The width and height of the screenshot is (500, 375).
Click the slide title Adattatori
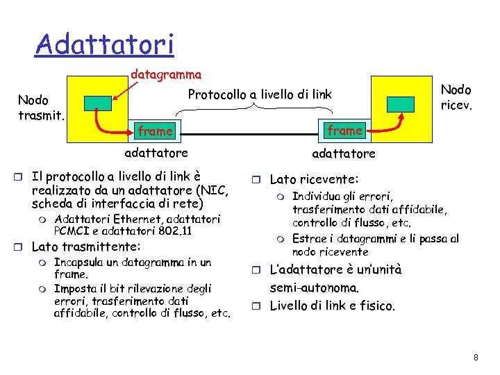click(x=105, y=44)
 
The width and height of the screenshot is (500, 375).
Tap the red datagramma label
click(x=167, y=74)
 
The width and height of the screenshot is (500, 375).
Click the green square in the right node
click(x=401, y=103)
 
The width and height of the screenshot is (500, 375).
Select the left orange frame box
click(x=156, y=131)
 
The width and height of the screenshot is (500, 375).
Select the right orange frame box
click(x=345, y=131)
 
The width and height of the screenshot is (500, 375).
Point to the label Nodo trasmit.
click(x=41, y=107)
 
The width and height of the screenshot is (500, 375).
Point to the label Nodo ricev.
click(x=456, y=97)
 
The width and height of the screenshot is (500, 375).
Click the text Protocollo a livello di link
click(x=260, y=94)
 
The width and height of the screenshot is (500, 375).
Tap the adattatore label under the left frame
click(x=156, y=152)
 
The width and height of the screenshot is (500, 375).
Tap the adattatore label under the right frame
click(x=344, y=153)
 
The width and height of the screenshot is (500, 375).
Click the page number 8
click(x=476, y=358)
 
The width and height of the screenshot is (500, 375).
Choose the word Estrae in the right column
click(x=309, y=239)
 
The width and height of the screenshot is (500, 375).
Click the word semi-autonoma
click(x=314, y=287)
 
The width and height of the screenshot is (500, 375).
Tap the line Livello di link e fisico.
click(x=332, y=306)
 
